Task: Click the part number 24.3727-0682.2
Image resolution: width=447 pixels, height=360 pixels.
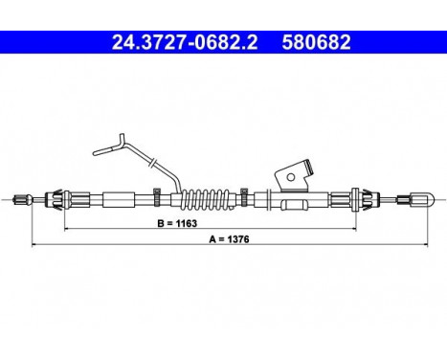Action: tap(165, 43)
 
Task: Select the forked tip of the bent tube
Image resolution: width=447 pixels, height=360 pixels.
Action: tap(99, 147)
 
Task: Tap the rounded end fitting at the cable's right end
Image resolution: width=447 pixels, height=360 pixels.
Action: tap(421, 200)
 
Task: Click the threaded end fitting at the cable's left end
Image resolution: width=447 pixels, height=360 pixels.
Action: tap(22, 200)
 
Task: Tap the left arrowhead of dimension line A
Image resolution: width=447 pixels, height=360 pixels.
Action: tap(35, 246)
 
